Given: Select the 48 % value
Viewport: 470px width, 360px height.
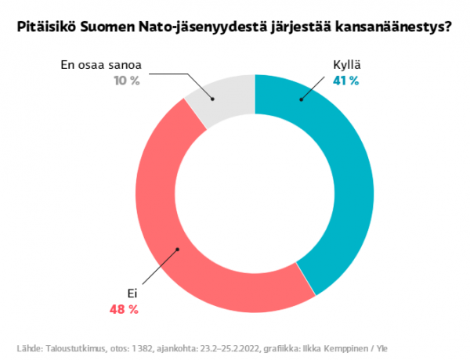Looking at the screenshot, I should [x=124, y=309].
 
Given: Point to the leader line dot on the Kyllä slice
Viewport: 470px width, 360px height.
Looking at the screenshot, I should [x=302, y=99].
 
